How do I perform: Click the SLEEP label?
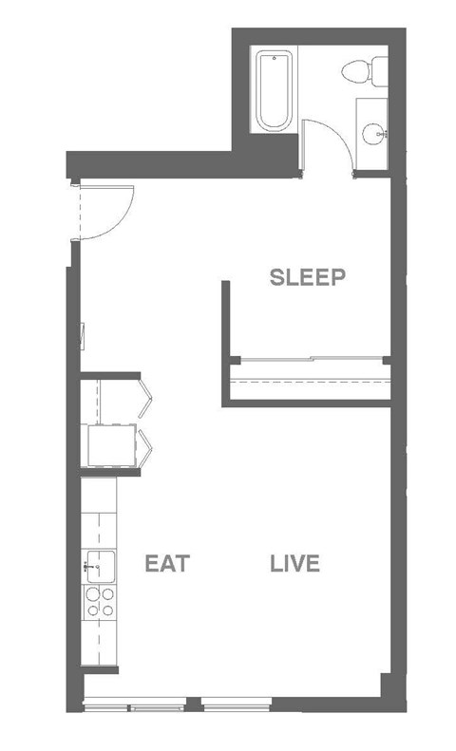(x=306, y=277)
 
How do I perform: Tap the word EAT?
(x=167, y=564)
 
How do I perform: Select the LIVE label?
(x=294, y=564)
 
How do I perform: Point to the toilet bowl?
(x=359, y=72)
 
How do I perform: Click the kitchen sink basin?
(x=102, y=566)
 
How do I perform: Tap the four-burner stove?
(x=100, y=603)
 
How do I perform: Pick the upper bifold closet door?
(x=146, y=399)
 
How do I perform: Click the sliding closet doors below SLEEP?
(x=309, y=361)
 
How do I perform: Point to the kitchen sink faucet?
(x=88, y=566)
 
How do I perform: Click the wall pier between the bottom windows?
(x=193, y=705)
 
